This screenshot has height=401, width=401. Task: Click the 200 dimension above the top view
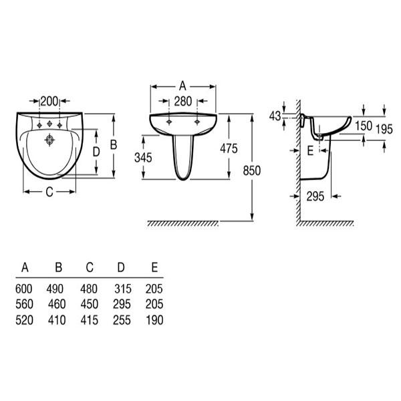coord(49,101)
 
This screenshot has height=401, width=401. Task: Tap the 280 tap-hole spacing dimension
coord(183,101)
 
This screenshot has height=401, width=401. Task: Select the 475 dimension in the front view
coord(229,150)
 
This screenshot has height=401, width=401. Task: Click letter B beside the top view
coord(114,144)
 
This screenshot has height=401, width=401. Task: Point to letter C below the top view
coord(49,193)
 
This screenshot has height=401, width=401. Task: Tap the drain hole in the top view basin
coord(49,140)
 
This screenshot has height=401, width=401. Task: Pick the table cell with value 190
coord(154,320)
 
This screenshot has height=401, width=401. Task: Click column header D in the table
coord(121,269)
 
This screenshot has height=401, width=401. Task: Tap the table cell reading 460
coord(57,305)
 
